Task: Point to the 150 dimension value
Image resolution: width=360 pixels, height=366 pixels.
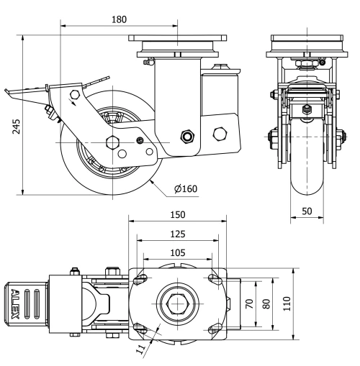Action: (179, 214)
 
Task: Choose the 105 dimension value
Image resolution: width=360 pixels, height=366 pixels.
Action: (177, 252)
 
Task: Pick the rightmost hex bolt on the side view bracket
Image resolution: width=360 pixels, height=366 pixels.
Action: (221, 134)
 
